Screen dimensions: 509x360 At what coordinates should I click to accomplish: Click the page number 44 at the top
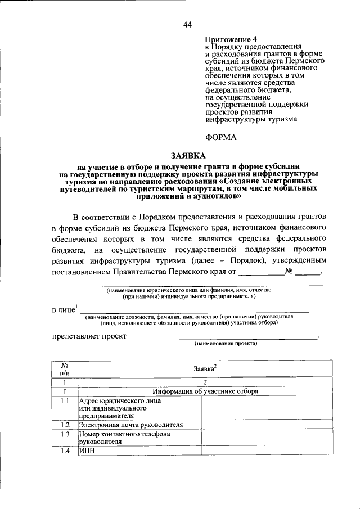click(x=187, y=24)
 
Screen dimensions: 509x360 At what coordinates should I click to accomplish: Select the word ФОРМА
click(x=220, y=137)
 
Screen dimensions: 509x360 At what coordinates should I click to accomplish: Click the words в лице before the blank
click(x=63, y=309)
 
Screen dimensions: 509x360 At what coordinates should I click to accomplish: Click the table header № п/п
click(x=65, y=368)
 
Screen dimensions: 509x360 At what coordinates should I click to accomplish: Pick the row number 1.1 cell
click(x=65, y=401)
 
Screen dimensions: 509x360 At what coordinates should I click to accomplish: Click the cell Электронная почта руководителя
click(x=131, y=425)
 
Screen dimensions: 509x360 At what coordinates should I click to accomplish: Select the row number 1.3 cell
click(x=65, y=434)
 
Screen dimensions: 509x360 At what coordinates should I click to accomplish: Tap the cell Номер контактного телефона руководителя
click(x=124, y=438)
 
